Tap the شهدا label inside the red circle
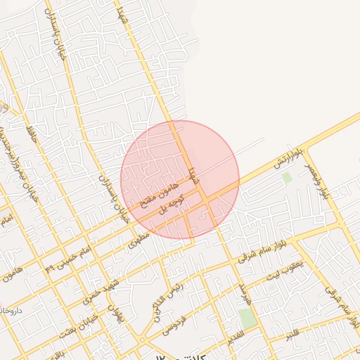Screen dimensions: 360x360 click(191, 175)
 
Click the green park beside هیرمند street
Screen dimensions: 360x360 click(247, 317)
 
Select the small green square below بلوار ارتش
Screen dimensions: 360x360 click(287, 178)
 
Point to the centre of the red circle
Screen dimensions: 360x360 click(180, 180)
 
